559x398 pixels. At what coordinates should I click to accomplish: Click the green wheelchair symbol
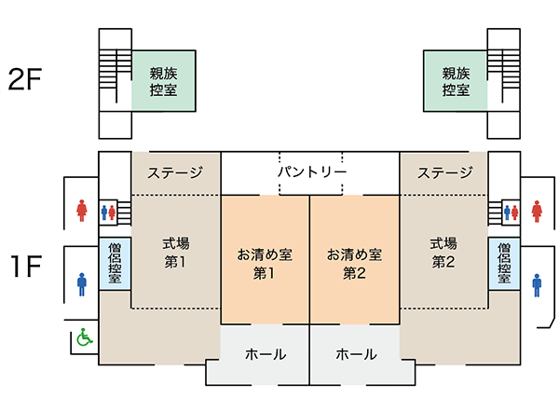tap(85, 337)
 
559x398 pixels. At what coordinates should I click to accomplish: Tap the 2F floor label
tap(24, 79)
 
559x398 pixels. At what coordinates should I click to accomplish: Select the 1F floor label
tap(26, 266)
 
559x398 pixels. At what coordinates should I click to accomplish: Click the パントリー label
tap(312, 172)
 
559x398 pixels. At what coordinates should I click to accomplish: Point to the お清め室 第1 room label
tap(265, 264)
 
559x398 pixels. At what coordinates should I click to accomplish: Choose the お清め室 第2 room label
tap(354, 264)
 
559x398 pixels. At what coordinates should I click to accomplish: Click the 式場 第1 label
tap(176, 253)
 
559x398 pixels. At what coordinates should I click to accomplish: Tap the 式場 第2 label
tap(443, 253)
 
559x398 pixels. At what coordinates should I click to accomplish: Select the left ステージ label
tap(175, 173)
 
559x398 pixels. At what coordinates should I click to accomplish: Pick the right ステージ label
tap(445, 173)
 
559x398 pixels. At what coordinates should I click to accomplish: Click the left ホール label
tap(266, 354)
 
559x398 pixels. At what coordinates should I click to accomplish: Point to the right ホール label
tap(356, 354)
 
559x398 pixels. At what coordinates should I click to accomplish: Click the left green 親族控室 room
tap(164, 81)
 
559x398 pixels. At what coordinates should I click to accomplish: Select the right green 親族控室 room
tap(456, 81)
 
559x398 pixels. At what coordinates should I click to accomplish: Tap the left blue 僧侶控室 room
tap(115, 264)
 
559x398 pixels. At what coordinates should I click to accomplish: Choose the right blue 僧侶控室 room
tap(504, 264)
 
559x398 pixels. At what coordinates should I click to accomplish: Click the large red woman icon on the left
tap(82, 211)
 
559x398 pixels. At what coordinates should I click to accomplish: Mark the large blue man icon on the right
tap(537, 285)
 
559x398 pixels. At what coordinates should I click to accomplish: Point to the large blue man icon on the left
tap(82, 284)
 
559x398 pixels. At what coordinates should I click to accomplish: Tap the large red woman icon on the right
tap(537, 212)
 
